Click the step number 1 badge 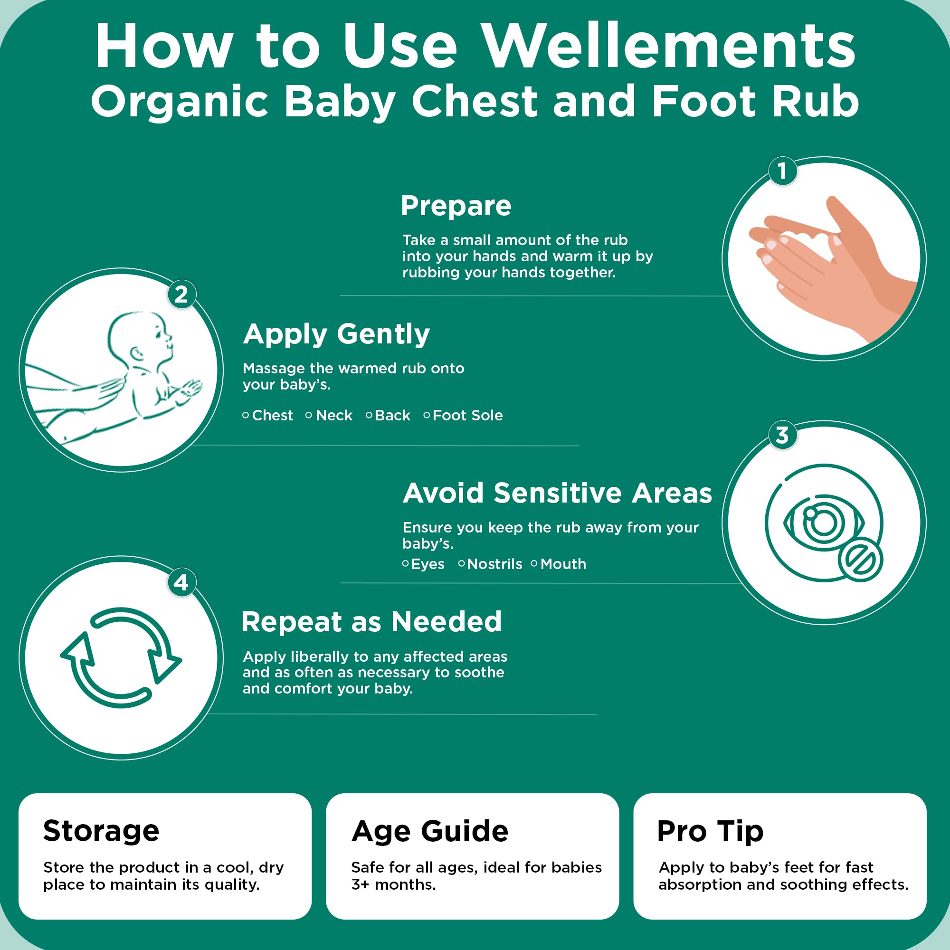[782, 171]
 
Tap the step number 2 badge [181, 294]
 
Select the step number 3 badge [782, 435]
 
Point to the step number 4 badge [181, 583]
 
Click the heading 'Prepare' [456, 206]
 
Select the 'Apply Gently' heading [336, 334]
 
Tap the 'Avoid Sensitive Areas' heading [557, 493]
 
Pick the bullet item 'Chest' [272, 416]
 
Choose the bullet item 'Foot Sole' [467, 416]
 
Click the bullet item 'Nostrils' [494, 564]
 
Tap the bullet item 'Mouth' [563, 564]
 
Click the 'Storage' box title [101, 831]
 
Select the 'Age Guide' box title [430, 831]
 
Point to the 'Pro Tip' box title [710, 831]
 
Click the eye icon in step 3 [822, 522]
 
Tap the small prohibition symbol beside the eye [861, 560]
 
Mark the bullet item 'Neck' [334, 416]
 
